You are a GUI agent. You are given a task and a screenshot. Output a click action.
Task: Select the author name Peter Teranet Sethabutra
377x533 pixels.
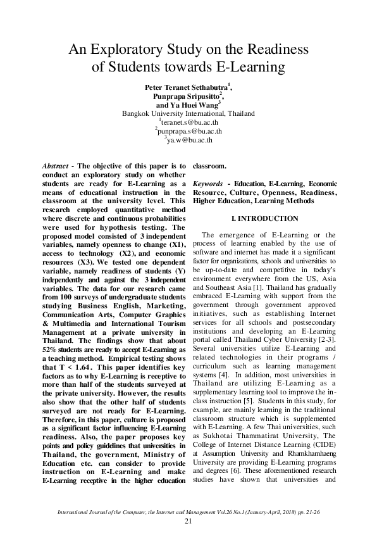pos(187,86)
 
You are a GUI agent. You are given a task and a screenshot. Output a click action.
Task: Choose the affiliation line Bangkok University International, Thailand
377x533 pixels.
pos(188,114)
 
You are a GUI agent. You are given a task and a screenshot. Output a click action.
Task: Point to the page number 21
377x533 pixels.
pos(188,521)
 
